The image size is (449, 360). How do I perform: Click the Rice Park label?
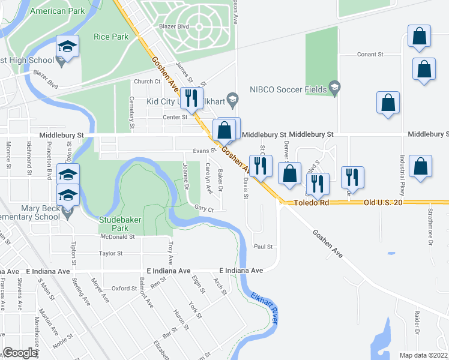111,37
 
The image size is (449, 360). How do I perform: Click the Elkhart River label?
264,308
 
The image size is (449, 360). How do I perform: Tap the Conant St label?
370,55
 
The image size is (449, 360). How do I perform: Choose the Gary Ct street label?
204,208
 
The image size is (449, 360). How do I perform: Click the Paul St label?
263,247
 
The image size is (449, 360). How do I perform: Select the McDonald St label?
117,237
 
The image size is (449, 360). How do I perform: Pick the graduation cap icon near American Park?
67,46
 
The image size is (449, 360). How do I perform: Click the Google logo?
20,353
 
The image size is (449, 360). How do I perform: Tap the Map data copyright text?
423,355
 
